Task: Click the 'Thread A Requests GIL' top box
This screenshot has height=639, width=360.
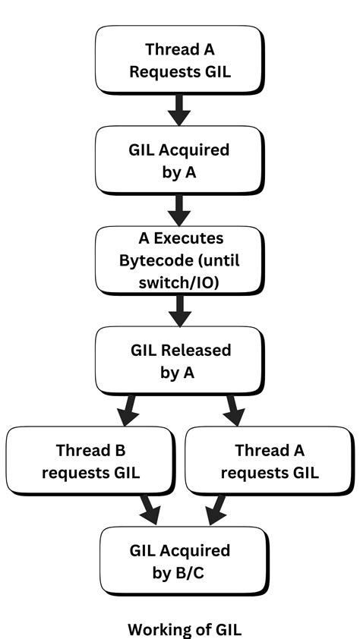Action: tap(179, 61)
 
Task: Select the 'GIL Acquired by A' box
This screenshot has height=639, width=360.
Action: tap(179, 161)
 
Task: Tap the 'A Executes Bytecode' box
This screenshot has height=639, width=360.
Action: tap(179, 260)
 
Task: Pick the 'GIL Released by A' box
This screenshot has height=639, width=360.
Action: tap(179, 361)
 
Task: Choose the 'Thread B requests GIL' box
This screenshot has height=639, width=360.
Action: tap(90, 461)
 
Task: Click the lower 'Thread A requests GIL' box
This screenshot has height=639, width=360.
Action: tap(270, 461)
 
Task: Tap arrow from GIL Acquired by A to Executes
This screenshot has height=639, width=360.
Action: tap(179, 209)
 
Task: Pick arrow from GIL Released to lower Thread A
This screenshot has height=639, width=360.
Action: tap(233, 411)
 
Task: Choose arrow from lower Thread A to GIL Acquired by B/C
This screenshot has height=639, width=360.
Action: tap(215, 509)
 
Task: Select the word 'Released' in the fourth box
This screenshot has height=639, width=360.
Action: tap(197, 351)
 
